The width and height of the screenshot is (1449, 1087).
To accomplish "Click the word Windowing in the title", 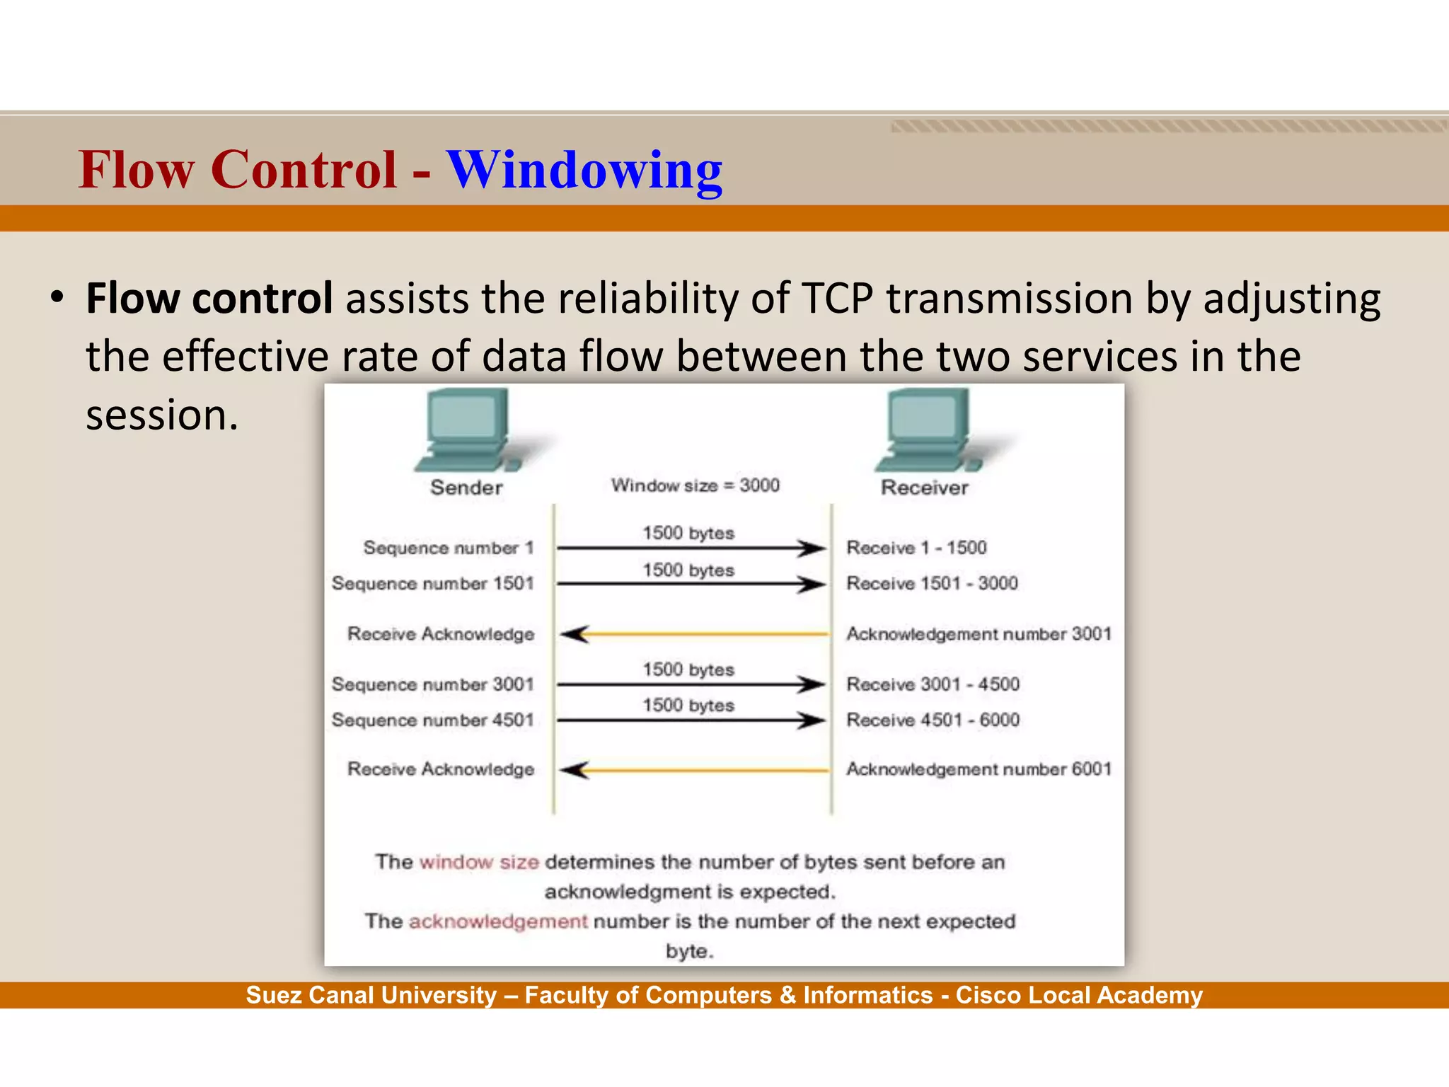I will (584, 171).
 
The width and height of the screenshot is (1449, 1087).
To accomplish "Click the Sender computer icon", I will (468, 430).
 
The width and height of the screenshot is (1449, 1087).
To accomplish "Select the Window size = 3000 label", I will (695, 485).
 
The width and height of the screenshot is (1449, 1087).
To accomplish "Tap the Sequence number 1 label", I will (448, 548).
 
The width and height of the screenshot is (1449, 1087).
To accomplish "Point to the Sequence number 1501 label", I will (432, 584).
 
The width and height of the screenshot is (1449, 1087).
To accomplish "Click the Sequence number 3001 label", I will (432, 684).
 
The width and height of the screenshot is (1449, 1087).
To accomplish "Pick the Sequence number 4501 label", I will (432, 720).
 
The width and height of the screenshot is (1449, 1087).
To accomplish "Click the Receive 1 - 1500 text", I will (916, 548).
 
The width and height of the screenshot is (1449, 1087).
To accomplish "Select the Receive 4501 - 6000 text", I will (933, 720).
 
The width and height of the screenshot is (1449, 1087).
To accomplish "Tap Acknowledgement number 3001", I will (978, 634).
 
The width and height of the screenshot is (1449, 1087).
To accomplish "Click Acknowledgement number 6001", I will (978, 769).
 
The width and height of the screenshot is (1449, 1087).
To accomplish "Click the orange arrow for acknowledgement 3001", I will (693, 634).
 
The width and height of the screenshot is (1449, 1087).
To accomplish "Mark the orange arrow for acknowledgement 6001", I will (693, 770).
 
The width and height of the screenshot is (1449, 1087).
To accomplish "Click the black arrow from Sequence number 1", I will (691, 548).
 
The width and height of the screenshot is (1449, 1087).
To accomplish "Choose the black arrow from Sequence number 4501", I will (691, 720).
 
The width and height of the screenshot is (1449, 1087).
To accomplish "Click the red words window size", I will (479, 863).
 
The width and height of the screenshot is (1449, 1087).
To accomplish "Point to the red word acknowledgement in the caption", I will (498, 921).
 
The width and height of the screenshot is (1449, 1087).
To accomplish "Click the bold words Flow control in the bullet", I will (209, 299).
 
